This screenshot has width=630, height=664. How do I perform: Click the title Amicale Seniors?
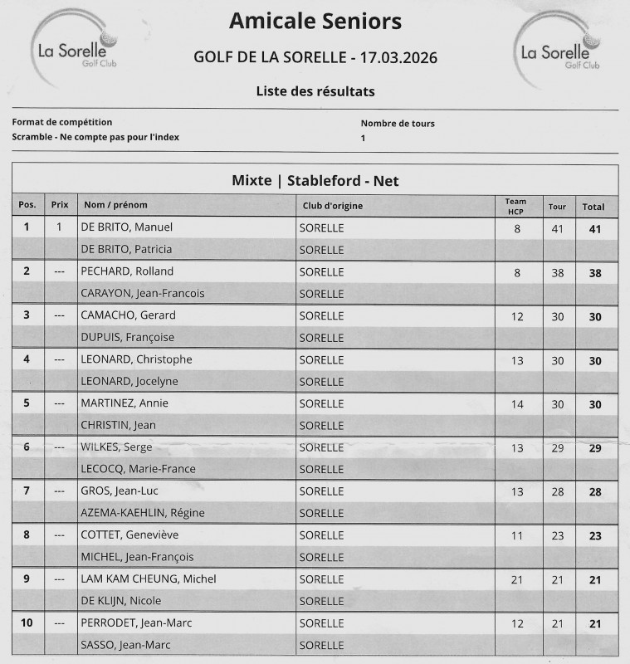pos(315,20)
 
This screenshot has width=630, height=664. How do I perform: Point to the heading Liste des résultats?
pos(315,91)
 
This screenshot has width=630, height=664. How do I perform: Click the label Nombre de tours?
pos(398,123)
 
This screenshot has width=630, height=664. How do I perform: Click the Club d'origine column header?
pos(331,206)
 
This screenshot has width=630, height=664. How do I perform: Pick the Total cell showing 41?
pos(595,227)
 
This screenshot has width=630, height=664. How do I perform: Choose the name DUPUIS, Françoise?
pos(128,337)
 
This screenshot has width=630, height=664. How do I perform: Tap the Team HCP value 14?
pos(517,403)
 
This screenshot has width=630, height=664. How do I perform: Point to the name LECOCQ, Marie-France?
pos(138,469)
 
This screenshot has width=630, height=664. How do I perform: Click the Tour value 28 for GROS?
pos(557,491)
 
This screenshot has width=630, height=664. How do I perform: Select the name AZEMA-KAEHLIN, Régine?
pos(142,513)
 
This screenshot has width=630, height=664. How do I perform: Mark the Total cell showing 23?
pos(595,535)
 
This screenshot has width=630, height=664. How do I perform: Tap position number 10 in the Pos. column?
pos(27,622)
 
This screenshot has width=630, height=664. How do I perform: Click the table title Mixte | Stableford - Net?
pos(315,180)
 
